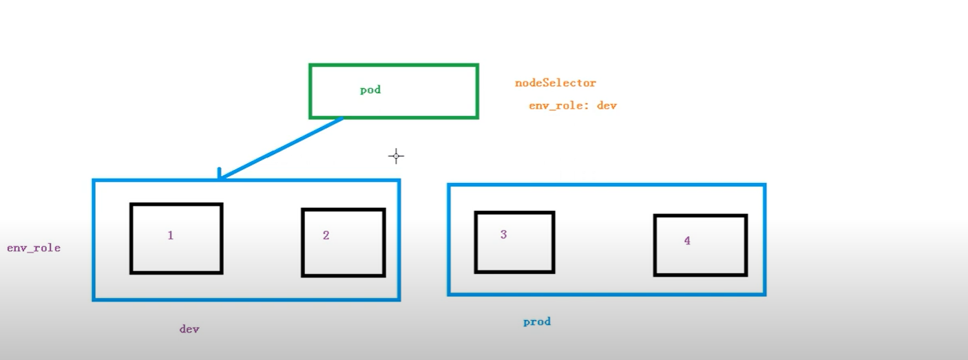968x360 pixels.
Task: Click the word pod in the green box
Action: pyautogui.click(x=370, y=90)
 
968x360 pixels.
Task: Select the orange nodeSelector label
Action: pyautogui.click(x=555, y=83)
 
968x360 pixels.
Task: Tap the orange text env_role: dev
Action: pyautogui.click(x=572, y=106)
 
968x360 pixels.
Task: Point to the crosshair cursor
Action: pyautogui.click(x=396, y=156)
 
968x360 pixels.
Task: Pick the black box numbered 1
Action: pyautogui.click(x=176, y=239)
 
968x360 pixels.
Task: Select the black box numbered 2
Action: pyautogui.click(x=343, y=243)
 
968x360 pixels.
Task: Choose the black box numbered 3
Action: pyautogui.click(x=514, y=242)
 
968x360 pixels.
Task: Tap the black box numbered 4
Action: pyautogui.click(x=700, y=245)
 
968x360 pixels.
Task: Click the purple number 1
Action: pyautogui.click(x=171, y=235)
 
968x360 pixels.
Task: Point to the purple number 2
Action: pyautogui.click(x=326, y=235)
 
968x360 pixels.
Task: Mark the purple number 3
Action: pyautogui.click(x=503, y=235)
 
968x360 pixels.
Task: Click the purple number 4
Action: pyautogui.click(x=687, y=241)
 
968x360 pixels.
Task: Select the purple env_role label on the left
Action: pyautogui.click(x=34, y=248)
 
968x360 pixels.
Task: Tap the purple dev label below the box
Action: pyautogui.click(x=189, y=329)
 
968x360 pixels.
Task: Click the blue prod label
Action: pyautogui.click(x=536, y=321)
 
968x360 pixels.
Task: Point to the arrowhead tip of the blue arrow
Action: pyautogui.click(x=219, y=178)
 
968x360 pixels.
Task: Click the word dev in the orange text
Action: pyautogui.click(x=607, y=106)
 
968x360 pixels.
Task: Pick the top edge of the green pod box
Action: pyautogui.click(x=393, y=66)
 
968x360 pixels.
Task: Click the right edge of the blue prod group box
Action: pyautogui.click(x=764, y=240)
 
